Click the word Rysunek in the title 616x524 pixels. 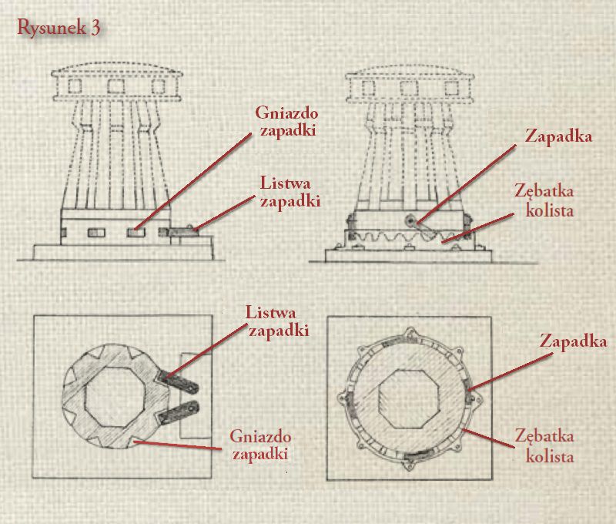coord(52,28)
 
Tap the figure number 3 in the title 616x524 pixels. coord(95,28)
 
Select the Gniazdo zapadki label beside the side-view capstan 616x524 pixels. coord(286,122)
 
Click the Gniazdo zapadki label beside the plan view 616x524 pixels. coord(260,445)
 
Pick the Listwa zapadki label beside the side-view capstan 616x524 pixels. coord(290,192)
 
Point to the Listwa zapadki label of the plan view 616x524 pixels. coord(277,321)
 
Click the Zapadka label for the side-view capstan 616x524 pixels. coord(558,136)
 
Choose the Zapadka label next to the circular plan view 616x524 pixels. coord(573,341)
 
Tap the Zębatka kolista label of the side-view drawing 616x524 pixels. coord(544,201)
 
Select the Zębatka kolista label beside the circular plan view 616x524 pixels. coord(544,446)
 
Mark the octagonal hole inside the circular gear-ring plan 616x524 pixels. coord(409,398)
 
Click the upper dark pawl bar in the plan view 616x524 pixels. coord(178,382)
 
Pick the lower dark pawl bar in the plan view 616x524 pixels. coord(178,412)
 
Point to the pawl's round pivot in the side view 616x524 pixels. coord(410,221)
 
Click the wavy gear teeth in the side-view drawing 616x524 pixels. coord(393,237)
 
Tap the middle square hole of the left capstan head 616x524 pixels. coord(116,86)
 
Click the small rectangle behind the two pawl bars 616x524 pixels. coord(196,395)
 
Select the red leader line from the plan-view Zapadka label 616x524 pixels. coord(511,371)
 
